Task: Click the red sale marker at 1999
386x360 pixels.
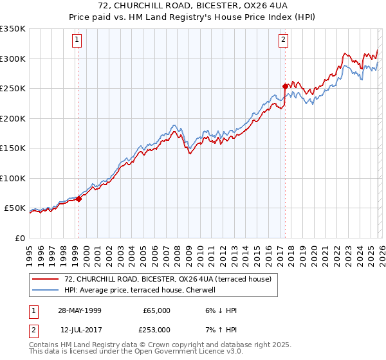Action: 79,199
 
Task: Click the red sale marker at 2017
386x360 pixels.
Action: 284,85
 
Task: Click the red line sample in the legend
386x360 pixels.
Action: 46,279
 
